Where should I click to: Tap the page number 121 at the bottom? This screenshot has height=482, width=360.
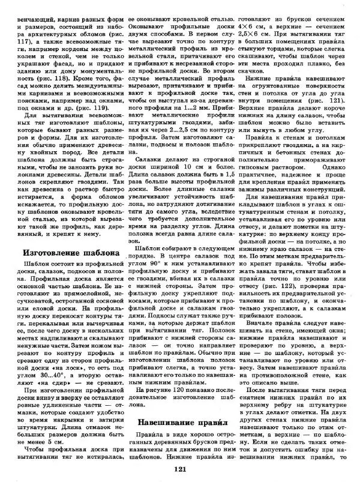(179, 470)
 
